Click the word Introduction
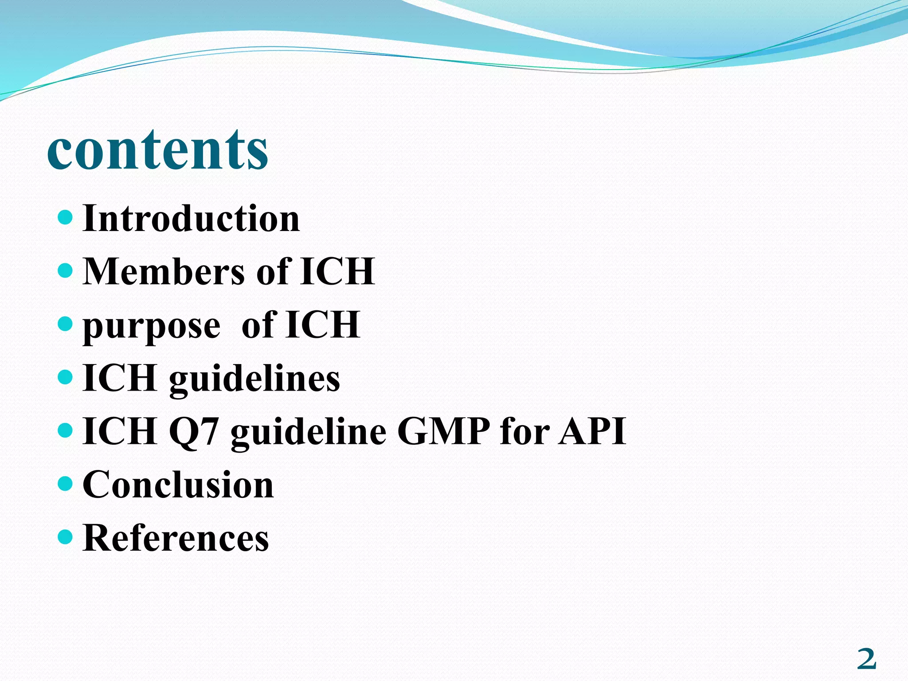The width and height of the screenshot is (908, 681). click(191, 219)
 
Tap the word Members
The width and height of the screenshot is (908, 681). click(163, 271)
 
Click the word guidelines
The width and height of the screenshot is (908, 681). click(254, 380)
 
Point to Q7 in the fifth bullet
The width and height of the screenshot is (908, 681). click(194, 432)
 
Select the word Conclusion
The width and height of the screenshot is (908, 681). click(178, 485)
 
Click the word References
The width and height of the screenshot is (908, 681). click(176, 538)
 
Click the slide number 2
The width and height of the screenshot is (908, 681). click(867, 659)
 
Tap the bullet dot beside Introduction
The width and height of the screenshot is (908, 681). click(65, 217)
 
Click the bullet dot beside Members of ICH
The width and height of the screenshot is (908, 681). click(65, 270)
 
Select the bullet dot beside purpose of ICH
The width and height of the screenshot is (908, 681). click(65, 324)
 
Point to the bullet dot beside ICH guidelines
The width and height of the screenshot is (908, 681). click(65, 377)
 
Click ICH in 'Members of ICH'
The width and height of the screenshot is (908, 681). click(337, 271)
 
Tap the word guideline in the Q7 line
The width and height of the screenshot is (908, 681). click(309, 432)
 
